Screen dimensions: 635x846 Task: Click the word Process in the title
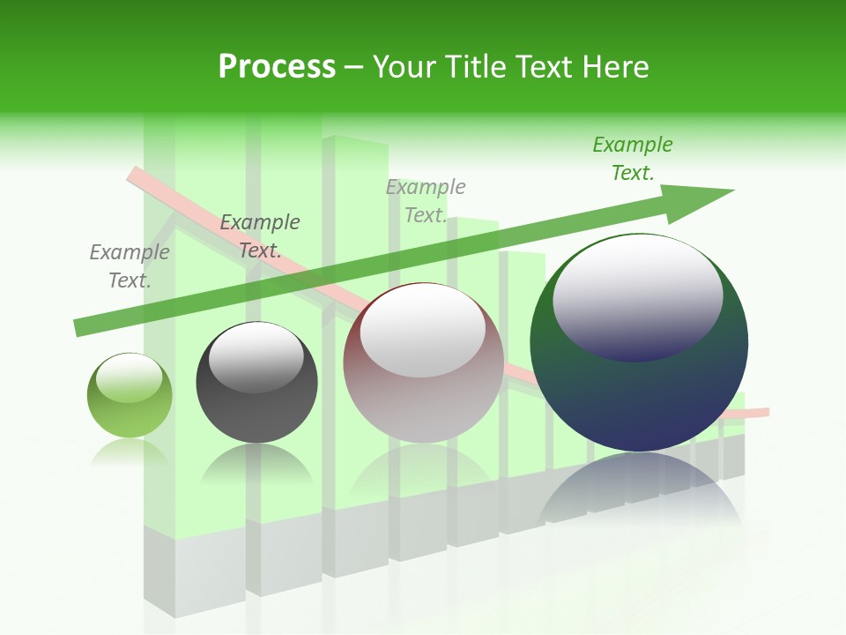coord(277,66)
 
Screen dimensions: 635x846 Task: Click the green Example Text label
coord(633,159)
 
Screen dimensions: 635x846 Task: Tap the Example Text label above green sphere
coord(130,266)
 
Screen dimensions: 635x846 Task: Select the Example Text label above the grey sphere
coord(260,236)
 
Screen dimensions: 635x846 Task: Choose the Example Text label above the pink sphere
coord(426,201)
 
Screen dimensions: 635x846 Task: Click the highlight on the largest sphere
coord(637,295)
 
